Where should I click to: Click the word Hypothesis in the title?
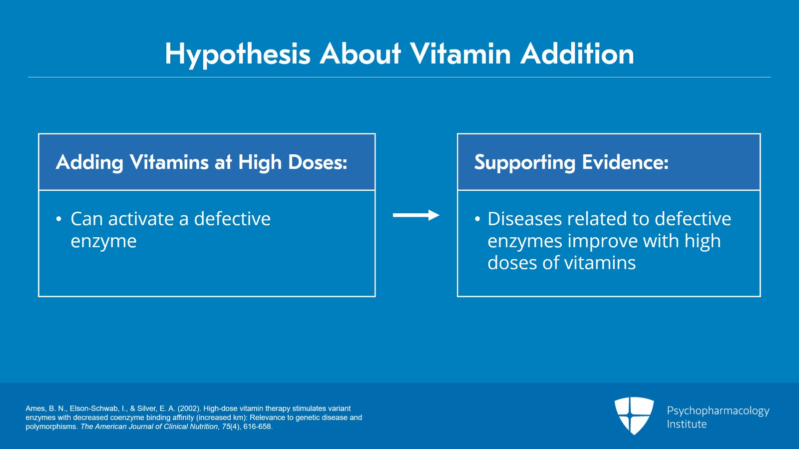point(238,54)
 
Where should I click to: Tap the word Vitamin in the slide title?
point(460,53)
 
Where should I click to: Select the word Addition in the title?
point(577,53)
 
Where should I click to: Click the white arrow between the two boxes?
point(415,215)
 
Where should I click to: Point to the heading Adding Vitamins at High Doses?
point(202,162)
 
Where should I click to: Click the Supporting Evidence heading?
point(571,162)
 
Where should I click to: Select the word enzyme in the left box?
point(103,241)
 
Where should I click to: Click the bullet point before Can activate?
point(59,219)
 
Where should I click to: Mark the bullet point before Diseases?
point(477,219)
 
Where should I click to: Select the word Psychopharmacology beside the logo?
point(718,411)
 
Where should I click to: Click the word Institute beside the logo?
point(687,424)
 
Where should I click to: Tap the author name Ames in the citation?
point(35,409)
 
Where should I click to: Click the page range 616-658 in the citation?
point(257,427)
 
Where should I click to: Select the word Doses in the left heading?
point(318,162)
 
